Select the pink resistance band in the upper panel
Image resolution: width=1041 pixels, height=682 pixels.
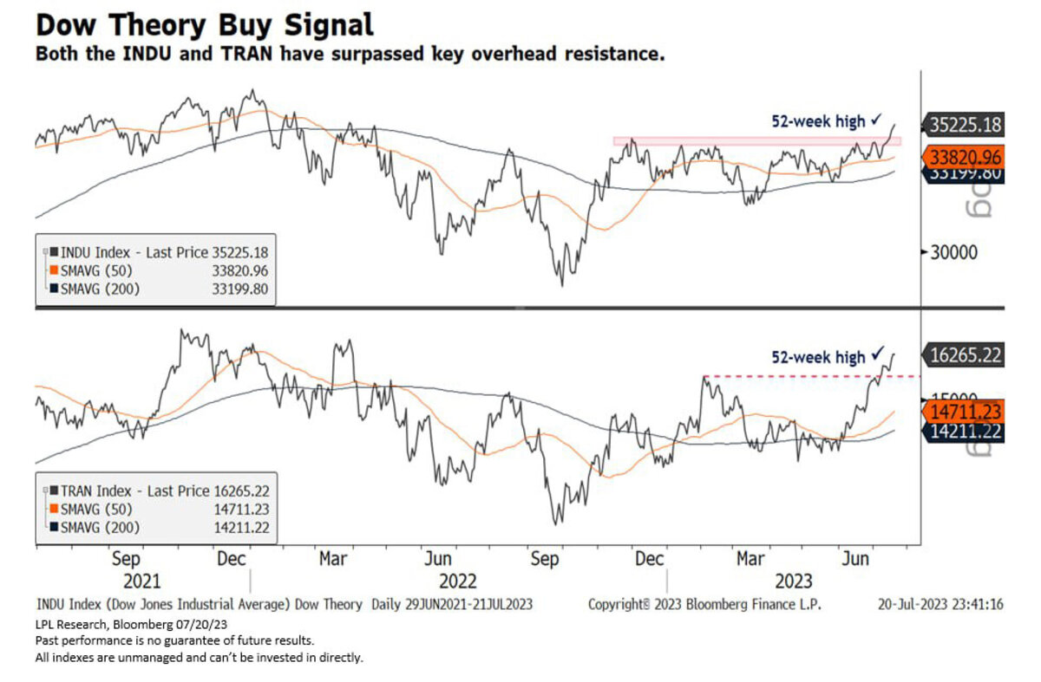(x=755, y=140)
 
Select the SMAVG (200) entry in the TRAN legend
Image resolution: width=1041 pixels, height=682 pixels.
(x=95, y=527)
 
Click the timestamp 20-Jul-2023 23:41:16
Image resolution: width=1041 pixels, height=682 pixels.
(x=940, y=604)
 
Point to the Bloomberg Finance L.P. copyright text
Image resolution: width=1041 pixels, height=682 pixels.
(x=704, y=604)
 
